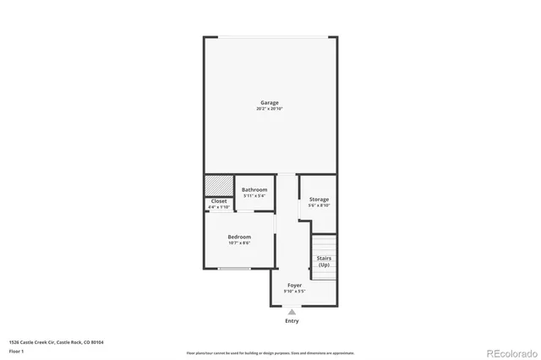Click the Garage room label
pyautogui.click(x=269, y=103)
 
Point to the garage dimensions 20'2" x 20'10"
pyautogui.click(x=269, y=109)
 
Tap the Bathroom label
pyautogui.click(x=254, y=189)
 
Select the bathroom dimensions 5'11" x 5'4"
pyautogui.click(x=254, y=195)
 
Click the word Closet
pyautogui.click(x=219, y=201)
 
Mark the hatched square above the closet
pyautogui.click(x=218, y=185)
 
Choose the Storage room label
pyautogui.click(x=319, y=199)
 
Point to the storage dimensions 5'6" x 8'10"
pyautogui.click(x=319, y=205)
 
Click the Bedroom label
pyautogui.click(x=239, y=237)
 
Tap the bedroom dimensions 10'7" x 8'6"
pyautogui.click(x=239, y=243)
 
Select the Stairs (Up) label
pyautogui.click(x=324, y=261)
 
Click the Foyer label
pyautogui.click(x=294, y=286)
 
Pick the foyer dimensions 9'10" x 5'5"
pyautogui.click(x=294, y=292)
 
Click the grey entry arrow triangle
pyautogui.click(x=292, y=313)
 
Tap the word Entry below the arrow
pyautogui.click(x=292, y=321)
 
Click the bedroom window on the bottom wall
pyautogui.click(x=234, y=269)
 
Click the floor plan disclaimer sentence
pyautogui.click(x=270, y=353)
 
